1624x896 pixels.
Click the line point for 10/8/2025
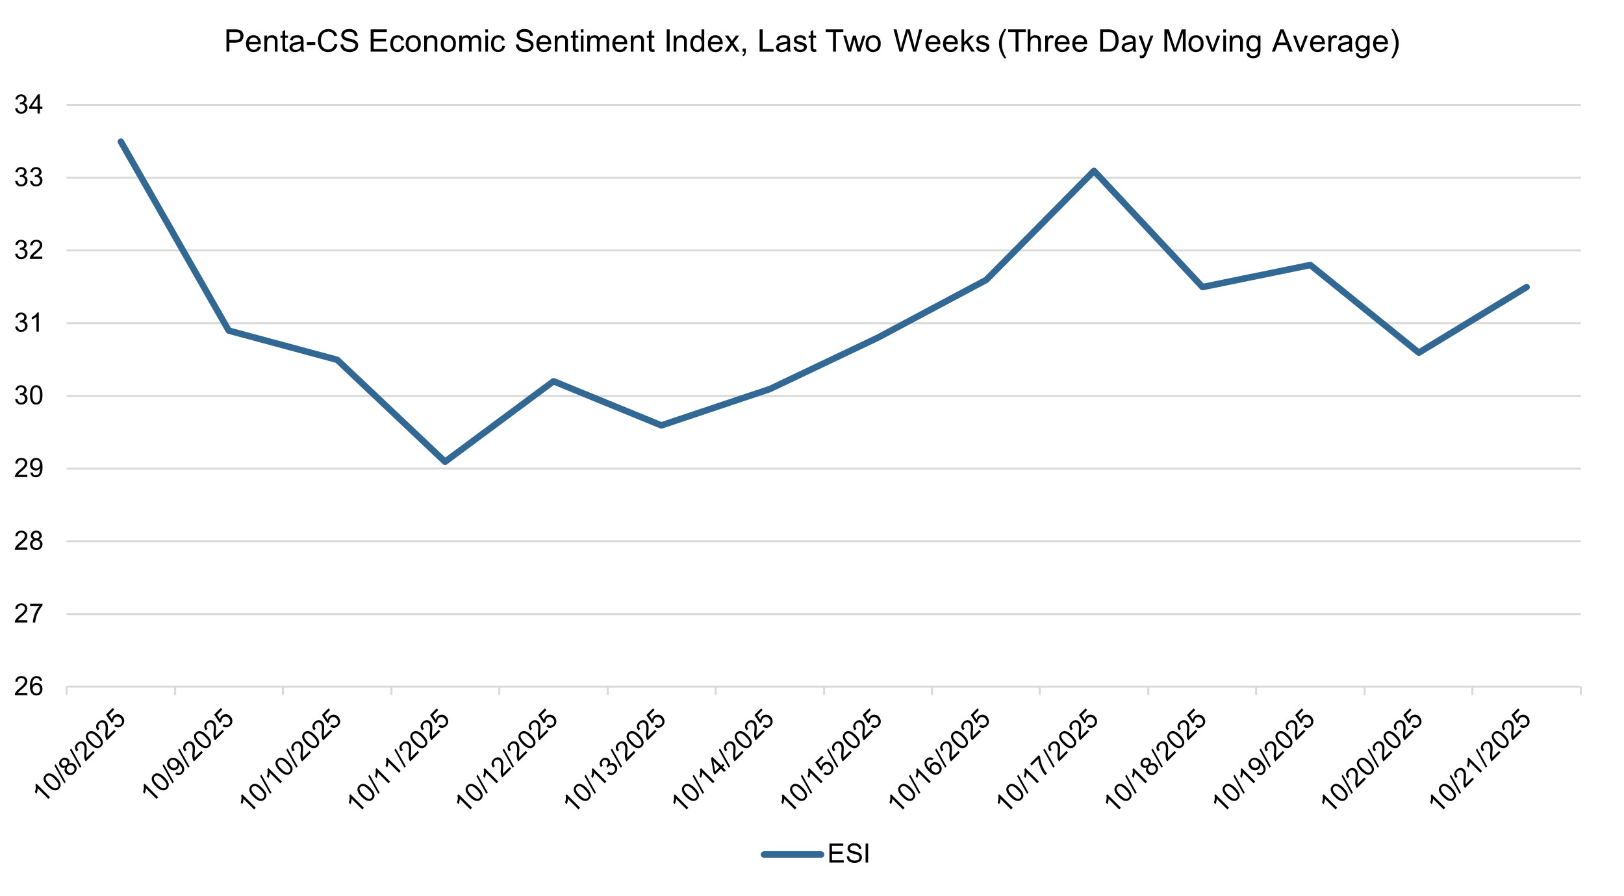coord(121,142)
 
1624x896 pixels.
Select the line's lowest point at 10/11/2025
coord(445,461)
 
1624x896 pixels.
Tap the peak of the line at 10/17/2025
coord(1094,171)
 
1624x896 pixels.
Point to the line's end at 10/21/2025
coord(1527,287)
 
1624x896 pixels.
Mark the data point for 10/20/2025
coord(1418,353)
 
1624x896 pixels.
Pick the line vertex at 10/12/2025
coord(553,381)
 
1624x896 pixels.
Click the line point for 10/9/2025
coord(229,330)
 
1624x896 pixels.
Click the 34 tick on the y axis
coord(29,105)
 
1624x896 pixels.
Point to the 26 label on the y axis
coord(29,687)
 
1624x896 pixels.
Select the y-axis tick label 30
coord(29,396)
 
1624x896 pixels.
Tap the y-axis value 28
coord(29,541)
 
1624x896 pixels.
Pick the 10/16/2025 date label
coord(940,761)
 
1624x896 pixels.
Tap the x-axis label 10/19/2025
coord(1264,761)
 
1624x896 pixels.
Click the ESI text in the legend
coord(848,854)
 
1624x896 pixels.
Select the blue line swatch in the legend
coord(793,854)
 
